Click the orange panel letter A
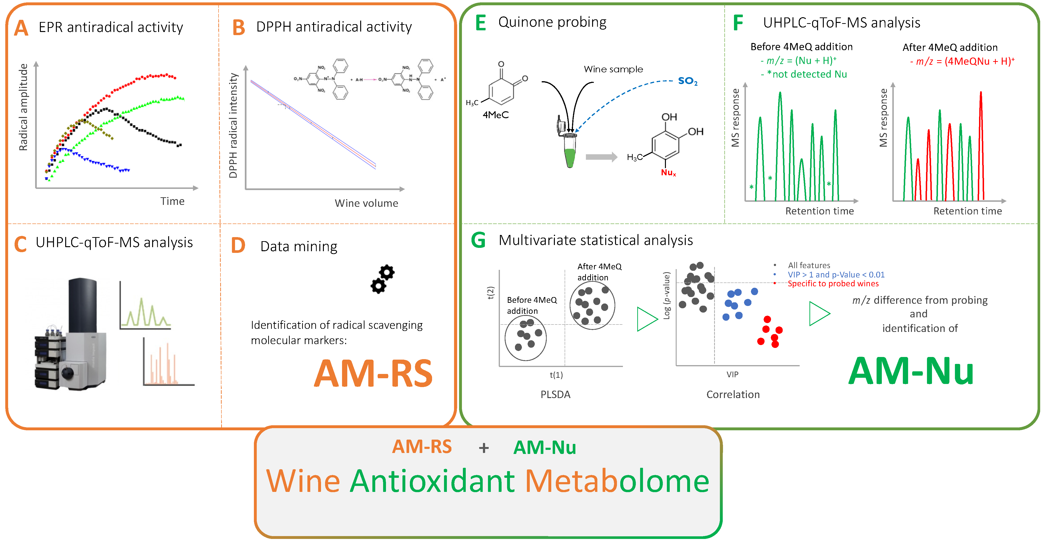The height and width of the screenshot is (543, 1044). pos(21,29)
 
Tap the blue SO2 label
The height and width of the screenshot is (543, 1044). pos(687,81)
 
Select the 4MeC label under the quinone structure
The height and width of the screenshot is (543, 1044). pos(495,115)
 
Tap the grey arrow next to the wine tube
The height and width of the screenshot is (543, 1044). pos(601,157)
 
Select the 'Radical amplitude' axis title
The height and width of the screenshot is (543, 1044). pos(23,107)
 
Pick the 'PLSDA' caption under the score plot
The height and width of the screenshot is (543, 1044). pos(555,394)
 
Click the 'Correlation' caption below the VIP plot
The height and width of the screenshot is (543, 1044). pos(733,394)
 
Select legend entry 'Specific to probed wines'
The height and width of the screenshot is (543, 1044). pos(833,284)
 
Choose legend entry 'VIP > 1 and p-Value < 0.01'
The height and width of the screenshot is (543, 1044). pos(836,275)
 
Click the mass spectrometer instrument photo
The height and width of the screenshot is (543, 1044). pos(71,336)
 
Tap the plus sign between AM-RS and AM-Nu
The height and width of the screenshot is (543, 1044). pos(483,448)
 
